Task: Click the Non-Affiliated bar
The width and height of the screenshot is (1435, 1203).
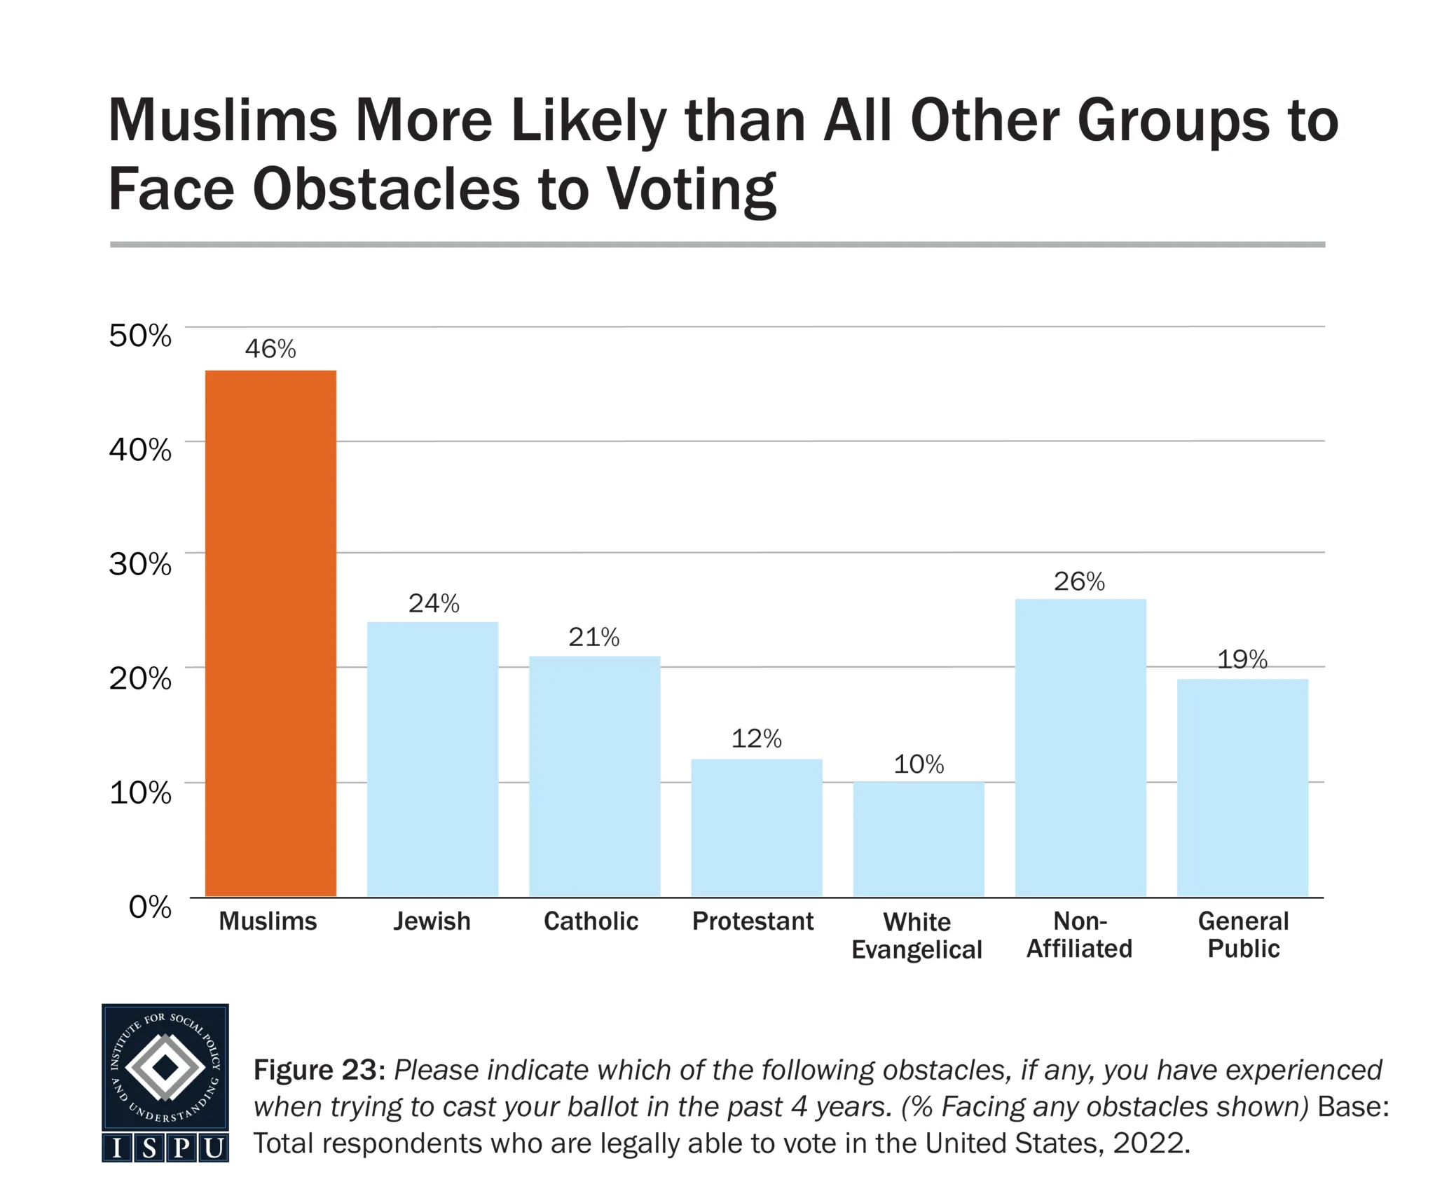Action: (1080, 748)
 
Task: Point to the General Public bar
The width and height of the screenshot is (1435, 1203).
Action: (1242, 788)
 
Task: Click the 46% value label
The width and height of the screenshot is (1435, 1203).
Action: (270, 349)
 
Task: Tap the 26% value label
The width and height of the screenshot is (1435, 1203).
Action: (1079, 582)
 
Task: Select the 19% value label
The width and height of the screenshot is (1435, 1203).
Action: (1242, 659)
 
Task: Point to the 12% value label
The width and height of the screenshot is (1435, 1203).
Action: (756, 738)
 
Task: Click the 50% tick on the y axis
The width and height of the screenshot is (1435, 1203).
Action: (140, 336)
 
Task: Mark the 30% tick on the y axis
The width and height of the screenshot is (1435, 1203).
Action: (140, 564)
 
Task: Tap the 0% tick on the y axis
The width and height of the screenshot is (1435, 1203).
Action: (150, 907)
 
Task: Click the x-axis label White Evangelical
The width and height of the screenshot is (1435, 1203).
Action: (916, 935)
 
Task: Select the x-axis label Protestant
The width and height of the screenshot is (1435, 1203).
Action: (753, 921)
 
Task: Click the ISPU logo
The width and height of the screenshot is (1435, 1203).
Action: (165, 1082)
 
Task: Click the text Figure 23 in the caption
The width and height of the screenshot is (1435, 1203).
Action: (319, 1070)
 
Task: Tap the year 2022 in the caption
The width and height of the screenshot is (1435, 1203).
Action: (1150, 1143)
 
